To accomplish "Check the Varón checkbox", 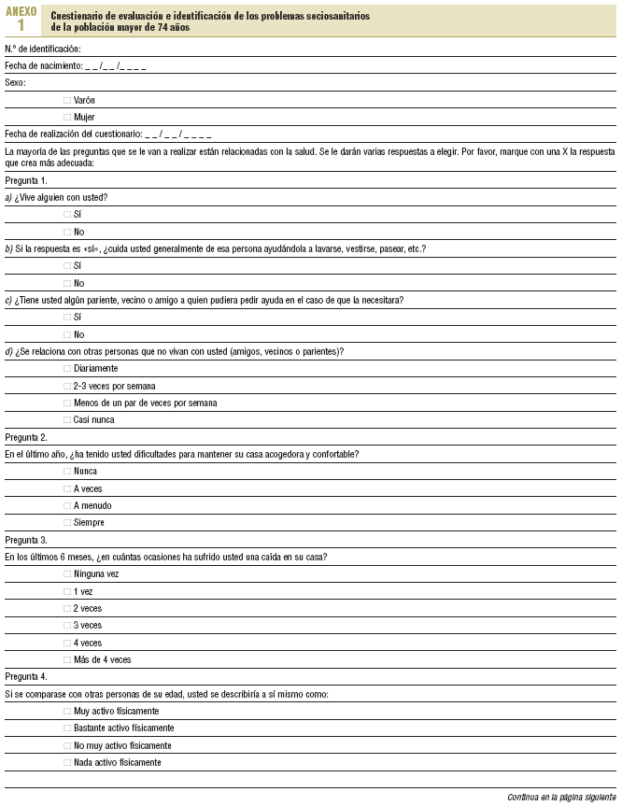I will [x=66, y=100].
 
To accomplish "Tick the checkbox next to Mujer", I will [x=66, y=117].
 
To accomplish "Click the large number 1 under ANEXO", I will [x=21, y=25].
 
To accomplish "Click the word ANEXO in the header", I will [x=21, y=10].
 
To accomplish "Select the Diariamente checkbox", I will [x=66, y=369].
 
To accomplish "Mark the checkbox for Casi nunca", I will [x=66, y=420].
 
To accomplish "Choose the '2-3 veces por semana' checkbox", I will [x=66, y=386].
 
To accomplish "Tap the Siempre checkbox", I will [x=66, y=523].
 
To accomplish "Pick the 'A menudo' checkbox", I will [x=66, y=505].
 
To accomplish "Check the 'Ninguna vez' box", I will [x=66, y=574].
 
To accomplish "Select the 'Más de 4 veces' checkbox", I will [x=66, y=659].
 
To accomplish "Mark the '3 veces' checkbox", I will [x=66, y=626].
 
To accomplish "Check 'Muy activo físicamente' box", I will [x=66, y=711].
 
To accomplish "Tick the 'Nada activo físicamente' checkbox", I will [x=66, y=762].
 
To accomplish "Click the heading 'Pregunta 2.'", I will [x=26, y=437].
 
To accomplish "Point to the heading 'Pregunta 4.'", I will [x=26, y=676].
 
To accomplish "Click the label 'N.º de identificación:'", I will [x=43, y=49].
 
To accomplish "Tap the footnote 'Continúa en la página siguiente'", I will [x=561, y=798].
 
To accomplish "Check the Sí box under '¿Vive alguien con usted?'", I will [x=66, y=215].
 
